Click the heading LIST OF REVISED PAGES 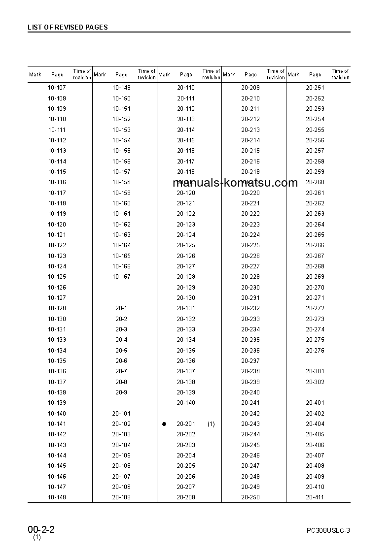68,27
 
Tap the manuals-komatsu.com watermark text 236,183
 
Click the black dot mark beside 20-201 164,424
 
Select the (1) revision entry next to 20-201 211,424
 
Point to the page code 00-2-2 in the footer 41,530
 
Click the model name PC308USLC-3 328,530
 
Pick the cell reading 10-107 57,88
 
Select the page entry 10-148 57,497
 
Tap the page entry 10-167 121,277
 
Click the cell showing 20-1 121,308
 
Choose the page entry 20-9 121,392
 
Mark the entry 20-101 121,414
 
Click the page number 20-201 186,424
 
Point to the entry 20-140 186,403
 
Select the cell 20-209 250,88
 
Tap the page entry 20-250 250,497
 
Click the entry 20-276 315,351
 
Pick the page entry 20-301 315,371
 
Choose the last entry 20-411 315,497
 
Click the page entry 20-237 250,361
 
